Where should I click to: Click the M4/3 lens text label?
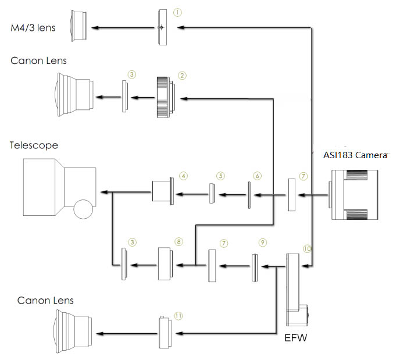[33, 27]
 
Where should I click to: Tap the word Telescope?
[34, 145]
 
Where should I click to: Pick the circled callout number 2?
[182, 75]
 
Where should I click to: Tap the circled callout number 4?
[183, 175]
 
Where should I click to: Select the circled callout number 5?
[220, 175]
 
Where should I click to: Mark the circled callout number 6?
[257, 175]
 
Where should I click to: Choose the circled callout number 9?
[262, 241]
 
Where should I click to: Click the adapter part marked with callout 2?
[165, 97]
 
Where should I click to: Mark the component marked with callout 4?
[161, 191]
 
